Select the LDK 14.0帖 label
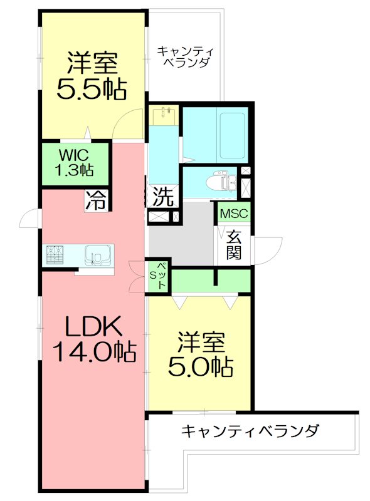click(94, 338)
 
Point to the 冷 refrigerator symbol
click(96, 200)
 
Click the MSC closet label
click(234, 213)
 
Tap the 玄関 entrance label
click(235, 245)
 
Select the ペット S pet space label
click(159, 276)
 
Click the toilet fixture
click(222, 182)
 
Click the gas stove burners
click(55, 255)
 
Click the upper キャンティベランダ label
click(184, 56)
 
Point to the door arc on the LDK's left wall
click(29, 219)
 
